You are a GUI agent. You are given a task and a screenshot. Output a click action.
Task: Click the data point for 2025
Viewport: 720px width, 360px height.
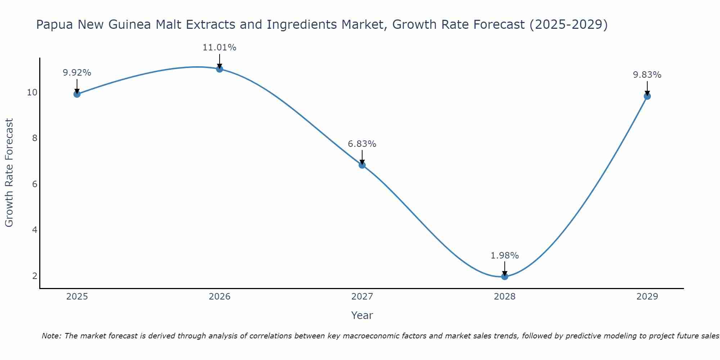coord(77,94)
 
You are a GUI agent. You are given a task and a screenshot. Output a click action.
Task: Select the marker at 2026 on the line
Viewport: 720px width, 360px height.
coord(220,69)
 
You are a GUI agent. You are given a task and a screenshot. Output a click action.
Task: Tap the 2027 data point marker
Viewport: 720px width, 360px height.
coord(362,165)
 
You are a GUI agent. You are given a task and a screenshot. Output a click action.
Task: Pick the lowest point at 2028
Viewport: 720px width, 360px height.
coord(505,276)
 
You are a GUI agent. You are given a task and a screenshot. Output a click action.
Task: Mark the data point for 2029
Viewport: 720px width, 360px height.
coord(647,96)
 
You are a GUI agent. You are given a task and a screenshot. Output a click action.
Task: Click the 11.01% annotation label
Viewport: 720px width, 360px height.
coord(220,48)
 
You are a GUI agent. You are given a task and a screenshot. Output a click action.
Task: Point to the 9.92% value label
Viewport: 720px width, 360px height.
coord(77,73)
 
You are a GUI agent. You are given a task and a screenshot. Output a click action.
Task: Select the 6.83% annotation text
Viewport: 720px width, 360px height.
coord(362,144)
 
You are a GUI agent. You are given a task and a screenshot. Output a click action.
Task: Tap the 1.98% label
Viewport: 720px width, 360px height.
coord(505,256)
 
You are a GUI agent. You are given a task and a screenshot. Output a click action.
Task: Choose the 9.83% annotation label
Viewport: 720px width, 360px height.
coord(647,75)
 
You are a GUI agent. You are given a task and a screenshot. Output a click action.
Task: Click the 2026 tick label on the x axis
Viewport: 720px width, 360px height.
coord(220,297)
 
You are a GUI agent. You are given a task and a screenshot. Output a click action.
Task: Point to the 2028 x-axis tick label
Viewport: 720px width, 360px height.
coord(505,297)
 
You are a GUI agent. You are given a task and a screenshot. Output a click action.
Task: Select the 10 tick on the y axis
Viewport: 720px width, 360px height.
coord(32,93)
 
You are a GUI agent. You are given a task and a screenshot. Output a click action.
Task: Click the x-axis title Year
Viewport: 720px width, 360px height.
coord(362,315)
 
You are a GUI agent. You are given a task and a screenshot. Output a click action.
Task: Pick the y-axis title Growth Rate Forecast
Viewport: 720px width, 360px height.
coord(9,173)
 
